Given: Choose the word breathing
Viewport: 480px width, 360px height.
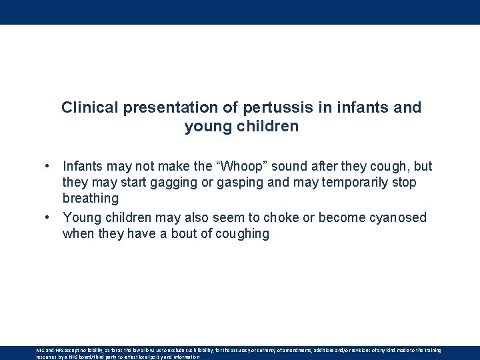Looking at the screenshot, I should (x=90, y=199).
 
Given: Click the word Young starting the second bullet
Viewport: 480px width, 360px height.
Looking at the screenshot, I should (x=81, y=218).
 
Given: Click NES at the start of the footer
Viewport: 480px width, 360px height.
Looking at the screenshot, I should (x=40, y=350).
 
